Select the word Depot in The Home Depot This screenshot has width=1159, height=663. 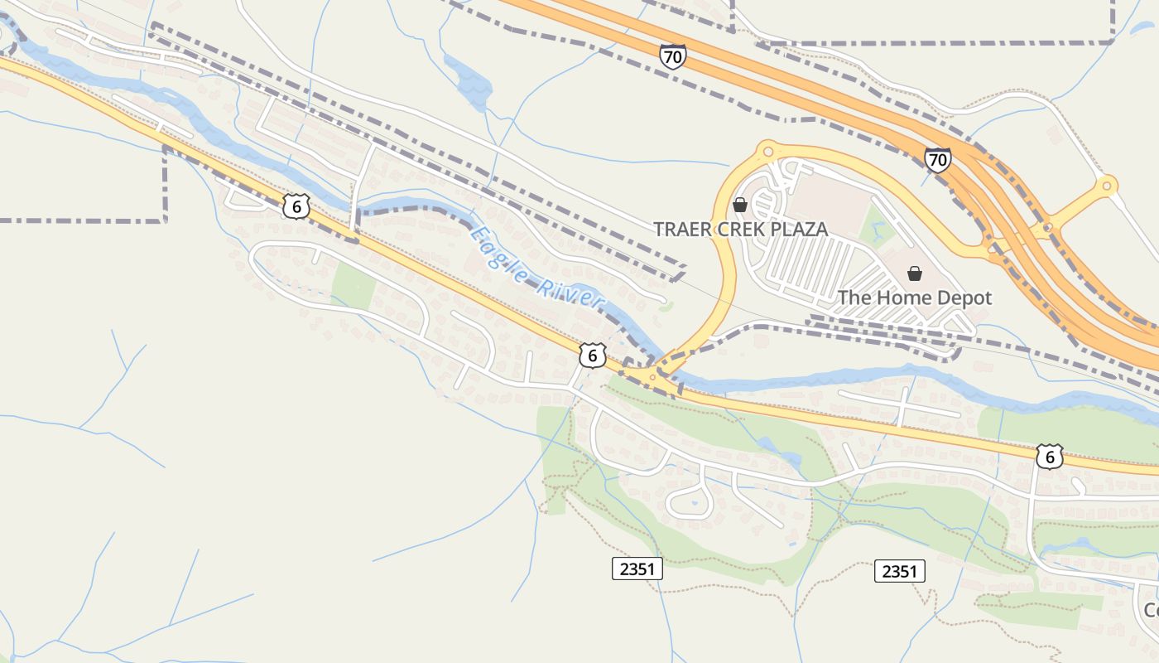tap(964, 298)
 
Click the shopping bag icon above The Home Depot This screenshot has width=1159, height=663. tap(915, 273)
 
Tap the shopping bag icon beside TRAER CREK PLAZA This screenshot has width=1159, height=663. tap(740, 204)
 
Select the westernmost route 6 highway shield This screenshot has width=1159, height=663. tap(296, 206)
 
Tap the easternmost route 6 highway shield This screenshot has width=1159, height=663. tap(1049, 457)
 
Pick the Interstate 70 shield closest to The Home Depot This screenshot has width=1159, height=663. tap(938, 159)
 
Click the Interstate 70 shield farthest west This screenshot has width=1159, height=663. tap(672, 56)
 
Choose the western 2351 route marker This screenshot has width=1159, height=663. tap(637, 569)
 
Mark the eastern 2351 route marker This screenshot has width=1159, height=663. tap(899, 571)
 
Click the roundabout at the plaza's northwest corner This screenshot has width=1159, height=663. tap(767, 151)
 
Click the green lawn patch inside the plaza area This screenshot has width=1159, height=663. tap(875, 226)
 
